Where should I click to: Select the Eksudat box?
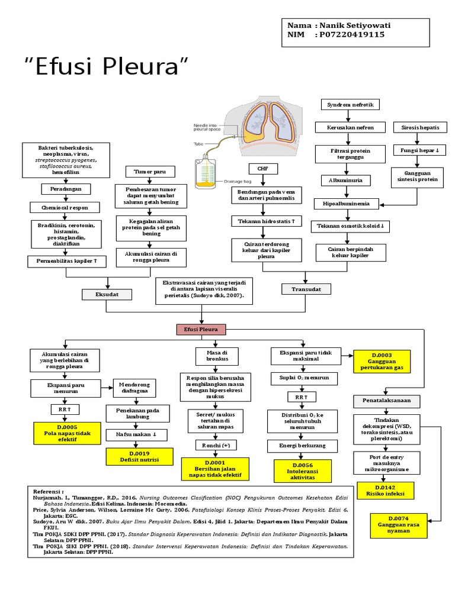coord(107,294)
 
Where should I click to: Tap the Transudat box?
coord(305,289)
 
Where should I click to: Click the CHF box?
coord(263,169)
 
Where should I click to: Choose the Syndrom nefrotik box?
coord(350,105)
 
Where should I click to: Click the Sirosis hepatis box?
coord(417,127)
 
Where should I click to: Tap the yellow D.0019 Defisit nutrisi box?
coord(140,456)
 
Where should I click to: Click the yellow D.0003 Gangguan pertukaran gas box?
coord(382,362)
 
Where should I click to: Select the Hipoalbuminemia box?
coord(350,204)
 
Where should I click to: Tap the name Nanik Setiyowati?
coord(355,26)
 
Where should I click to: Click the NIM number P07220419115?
coord(352,35)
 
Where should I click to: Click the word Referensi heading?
coord(49,492)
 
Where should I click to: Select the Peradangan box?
coord(66,189)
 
